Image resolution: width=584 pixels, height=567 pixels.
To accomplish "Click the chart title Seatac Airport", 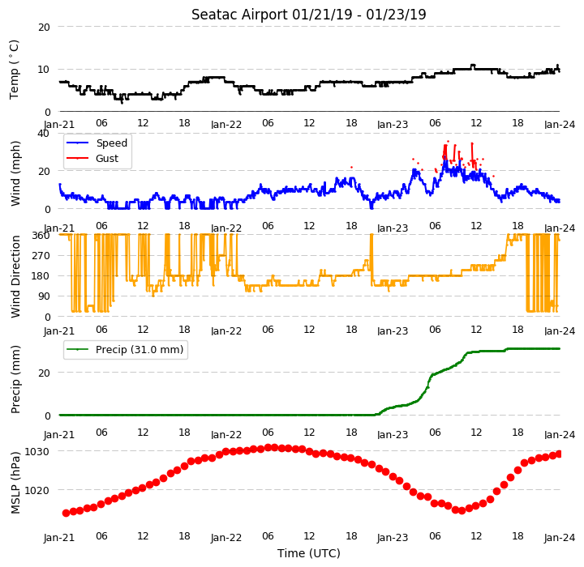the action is (239, 15).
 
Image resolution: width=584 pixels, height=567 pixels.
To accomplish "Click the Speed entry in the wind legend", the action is (112, 143).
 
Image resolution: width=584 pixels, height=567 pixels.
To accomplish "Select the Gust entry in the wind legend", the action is (107, 159).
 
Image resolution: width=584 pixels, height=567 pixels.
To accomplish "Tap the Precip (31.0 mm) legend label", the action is (140, 350).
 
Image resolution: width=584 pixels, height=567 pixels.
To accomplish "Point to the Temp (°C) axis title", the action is (14, 70).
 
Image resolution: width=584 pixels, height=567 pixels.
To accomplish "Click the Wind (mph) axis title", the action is (15, 173).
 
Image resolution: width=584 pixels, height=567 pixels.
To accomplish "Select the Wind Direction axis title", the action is (15, 276).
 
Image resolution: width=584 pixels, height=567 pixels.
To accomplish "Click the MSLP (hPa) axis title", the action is (15, 483).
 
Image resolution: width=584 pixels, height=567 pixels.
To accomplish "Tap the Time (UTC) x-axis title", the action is (309, 553).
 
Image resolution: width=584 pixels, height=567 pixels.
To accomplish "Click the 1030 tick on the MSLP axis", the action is (36, 452).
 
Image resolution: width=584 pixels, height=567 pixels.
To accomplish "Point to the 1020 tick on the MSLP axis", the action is (36, 491).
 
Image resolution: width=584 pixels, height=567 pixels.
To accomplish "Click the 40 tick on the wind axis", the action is (43, 133).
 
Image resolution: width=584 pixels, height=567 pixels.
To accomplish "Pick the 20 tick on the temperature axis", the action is (44, 28).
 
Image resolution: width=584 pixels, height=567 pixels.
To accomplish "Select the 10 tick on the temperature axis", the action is (44, 70).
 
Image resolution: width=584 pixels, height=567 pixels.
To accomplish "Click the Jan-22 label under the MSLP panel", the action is (225, 538).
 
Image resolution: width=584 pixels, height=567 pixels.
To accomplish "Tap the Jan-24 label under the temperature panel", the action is (560, 124).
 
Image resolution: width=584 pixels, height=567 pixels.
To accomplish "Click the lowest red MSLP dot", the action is (462, 511).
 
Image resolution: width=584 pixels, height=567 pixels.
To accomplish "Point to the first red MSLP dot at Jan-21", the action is (66, 513).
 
